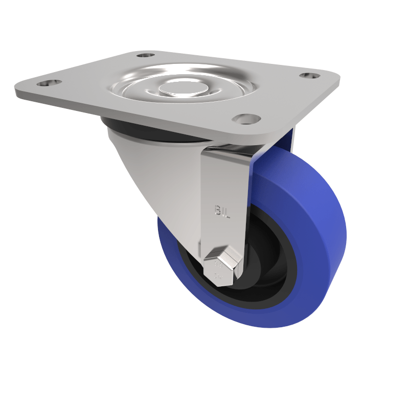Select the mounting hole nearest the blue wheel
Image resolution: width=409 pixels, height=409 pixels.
[246, 119]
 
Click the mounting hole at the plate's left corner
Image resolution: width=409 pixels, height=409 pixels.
[49, 82]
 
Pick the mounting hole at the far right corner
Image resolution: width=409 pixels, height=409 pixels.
[310, 76]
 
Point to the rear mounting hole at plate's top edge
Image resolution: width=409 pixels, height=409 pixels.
[146, 55]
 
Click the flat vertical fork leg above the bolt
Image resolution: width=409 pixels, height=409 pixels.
[225, 184]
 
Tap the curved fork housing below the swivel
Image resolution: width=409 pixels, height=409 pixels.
[153, 174]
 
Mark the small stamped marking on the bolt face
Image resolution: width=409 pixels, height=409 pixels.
[218, 266]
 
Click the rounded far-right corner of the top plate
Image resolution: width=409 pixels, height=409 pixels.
[335, 79]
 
